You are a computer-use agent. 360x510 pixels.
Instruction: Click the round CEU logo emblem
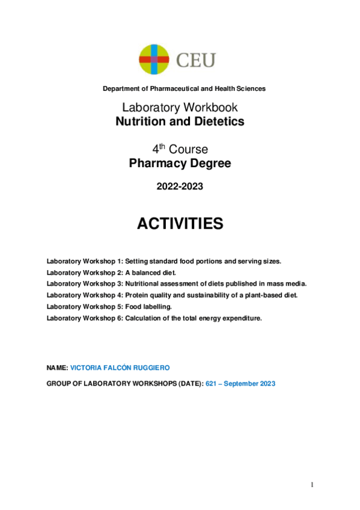154,60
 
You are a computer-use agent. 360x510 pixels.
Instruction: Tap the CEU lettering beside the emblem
195,60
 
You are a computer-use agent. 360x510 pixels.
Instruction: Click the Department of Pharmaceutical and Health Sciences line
184,88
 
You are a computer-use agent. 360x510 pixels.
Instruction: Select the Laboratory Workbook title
180,108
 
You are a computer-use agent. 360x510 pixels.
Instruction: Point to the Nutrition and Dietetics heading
180,121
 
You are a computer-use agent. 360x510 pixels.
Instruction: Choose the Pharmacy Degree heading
180,163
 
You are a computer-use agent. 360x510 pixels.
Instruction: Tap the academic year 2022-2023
180,186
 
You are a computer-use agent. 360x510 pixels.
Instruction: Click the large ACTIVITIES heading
180,224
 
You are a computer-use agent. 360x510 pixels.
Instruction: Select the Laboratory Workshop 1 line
163,261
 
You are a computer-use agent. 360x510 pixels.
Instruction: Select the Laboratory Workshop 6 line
154,318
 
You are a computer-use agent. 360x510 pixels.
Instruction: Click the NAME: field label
57,367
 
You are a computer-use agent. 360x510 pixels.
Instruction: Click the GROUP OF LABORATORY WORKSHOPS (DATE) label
124,384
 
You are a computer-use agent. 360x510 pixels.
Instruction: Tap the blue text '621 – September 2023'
240,384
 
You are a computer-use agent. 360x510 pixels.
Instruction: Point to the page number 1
313,485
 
